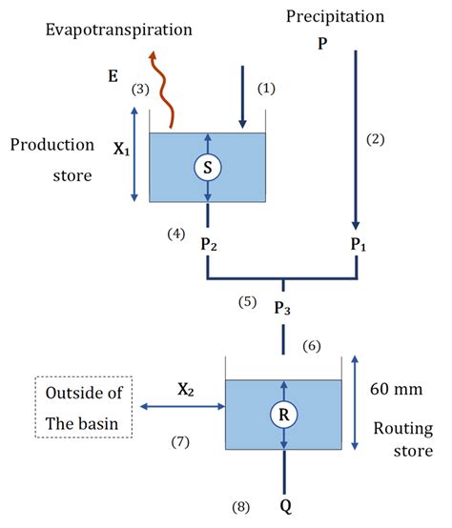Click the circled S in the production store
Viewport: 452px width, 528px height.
(207, 168)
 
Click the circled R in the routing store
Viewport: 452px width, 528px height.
(283, 415)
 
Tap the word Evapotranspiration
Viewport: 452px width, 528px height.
(119, 30)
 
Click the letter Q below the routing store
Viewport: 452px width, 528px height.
(283, 502)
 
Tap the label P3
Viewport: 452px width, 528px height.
(282, 308)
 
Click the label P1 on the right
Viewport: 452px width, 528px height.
(359, 244)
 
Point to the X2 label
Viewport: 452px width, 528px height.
(185, 389)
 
